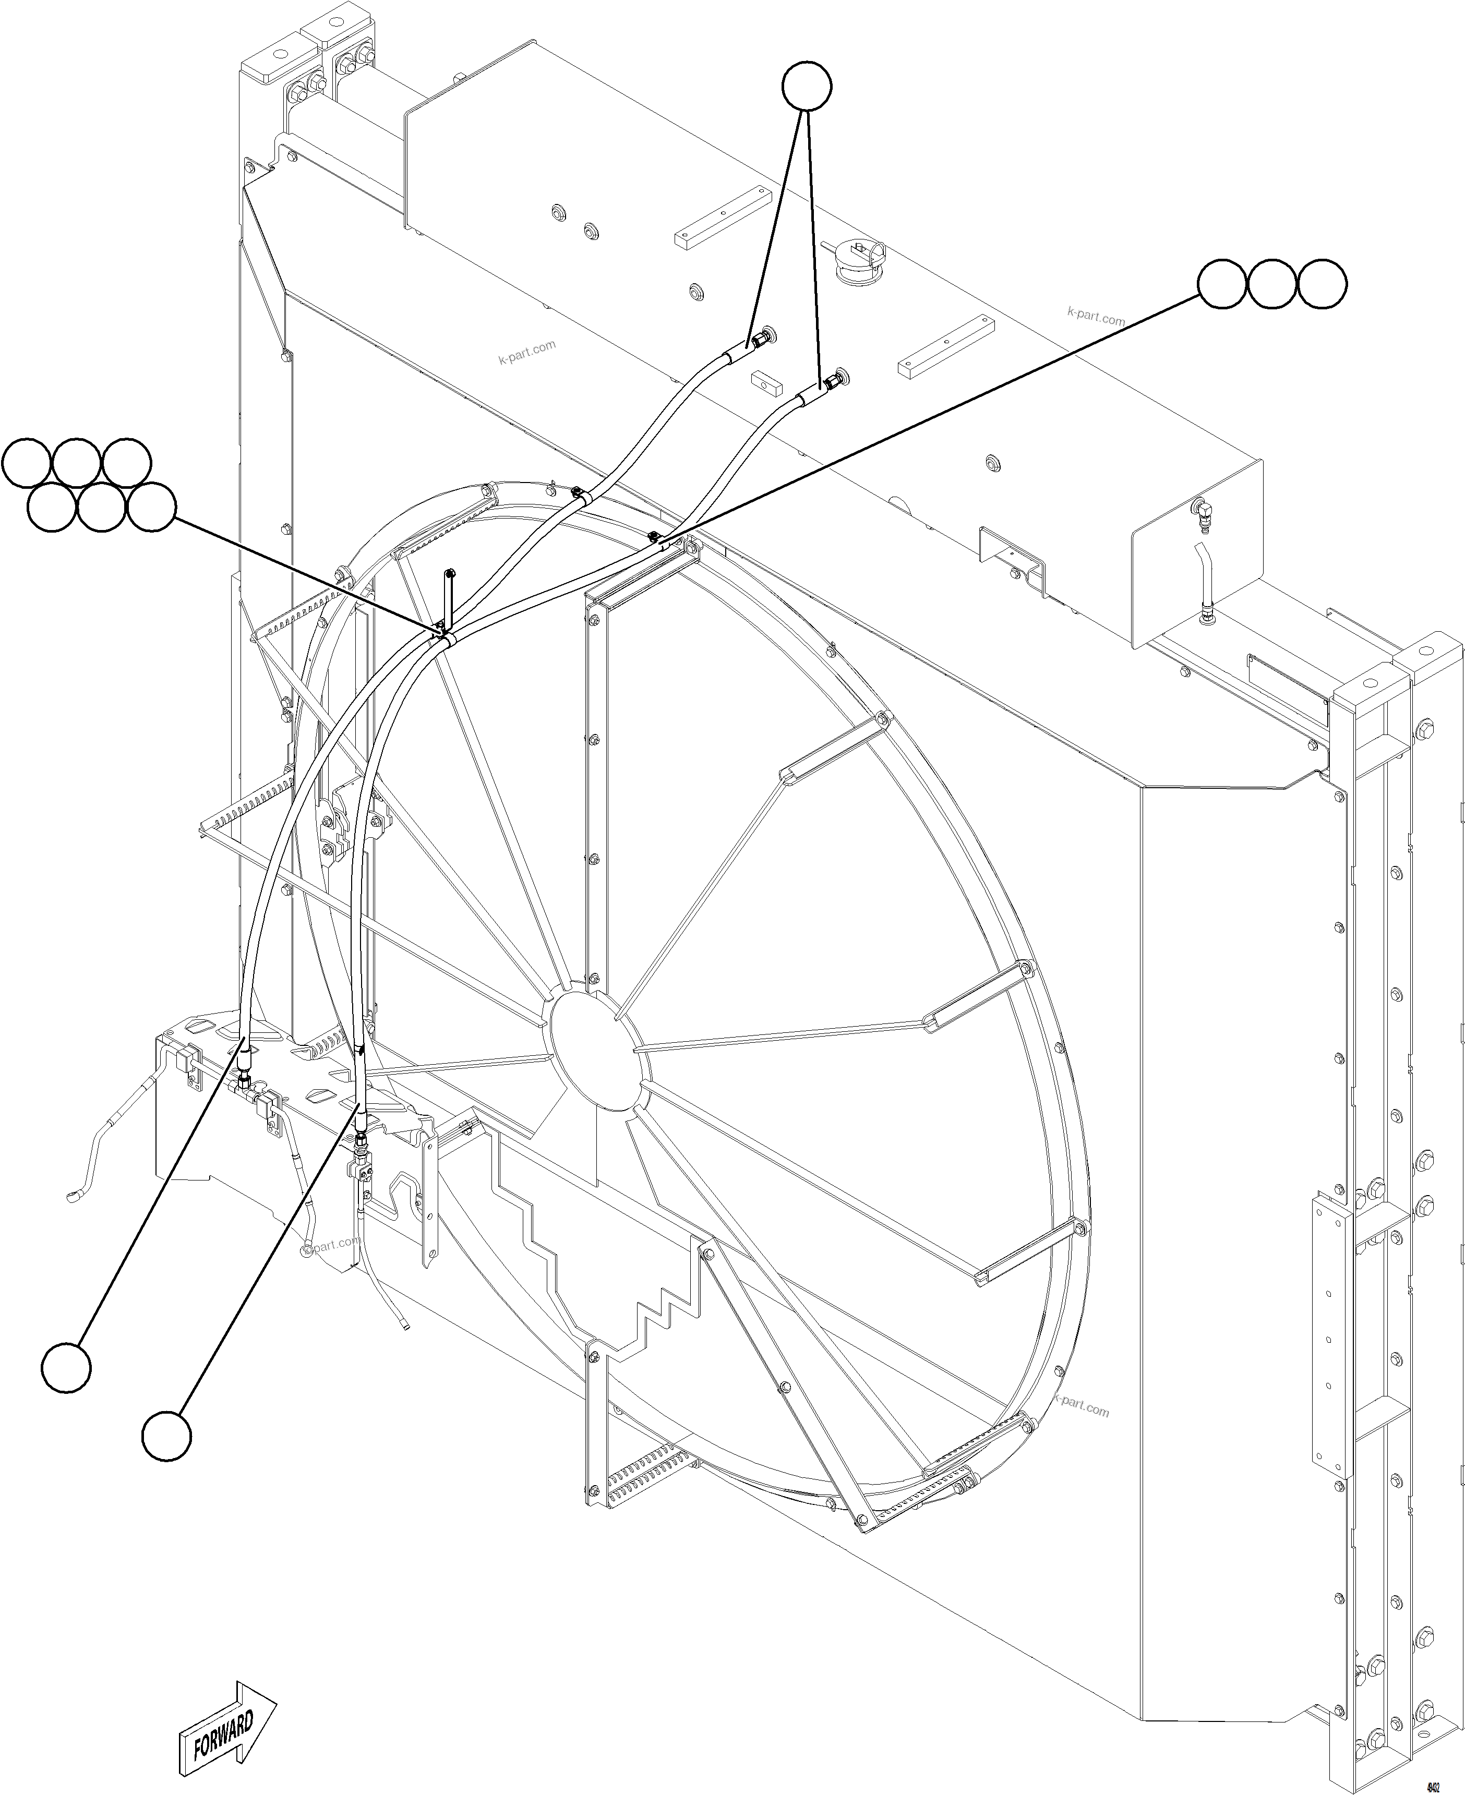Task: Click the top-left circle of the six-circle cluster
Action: click(27, 463)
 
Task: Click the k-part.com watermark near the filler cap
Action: click(1096, 317)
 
